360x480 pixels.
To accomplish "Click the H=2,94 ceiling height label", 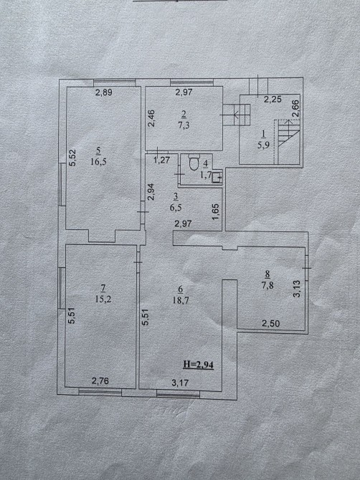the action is (198, 365).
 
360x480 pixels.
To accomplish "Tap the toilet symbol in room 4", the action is (194, 162).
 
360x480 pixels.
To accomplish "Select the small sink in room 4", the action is (217, 177).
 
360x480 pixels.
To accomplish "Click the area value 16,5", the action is (98, 161).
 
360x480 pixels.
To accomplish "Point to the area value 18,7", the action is (181, 300).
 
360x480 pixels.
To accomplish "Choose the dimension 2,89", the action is (103, 92).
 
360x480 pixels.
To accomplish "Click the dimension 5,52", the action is (73, 158).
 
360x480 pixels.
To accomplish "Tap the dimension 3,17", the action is (180, 383).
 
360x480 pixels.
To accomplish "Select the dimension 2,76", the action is (100, 381).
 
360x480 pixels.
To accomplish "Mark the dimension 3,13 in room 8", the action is (298, 289).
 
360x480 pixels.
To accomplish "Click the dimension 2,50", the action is (270, 323).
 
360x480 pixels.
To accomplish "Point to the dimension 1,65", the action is (216, 212).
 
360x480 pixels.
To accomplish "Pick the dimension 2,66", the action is (296, 108).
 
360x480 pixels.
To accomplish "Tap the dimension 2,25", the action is (273, 99).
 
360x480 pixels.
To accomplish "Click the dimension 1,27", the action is (161, 160).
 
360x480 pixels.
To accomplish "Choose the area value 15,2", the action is (103, 299).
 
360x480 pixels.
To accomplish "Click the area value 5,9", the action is (263, 145).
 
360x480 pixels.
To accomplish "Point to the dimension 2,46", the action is (151, 118).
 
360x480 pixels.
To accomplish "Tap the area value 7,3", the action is (184, 125).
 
